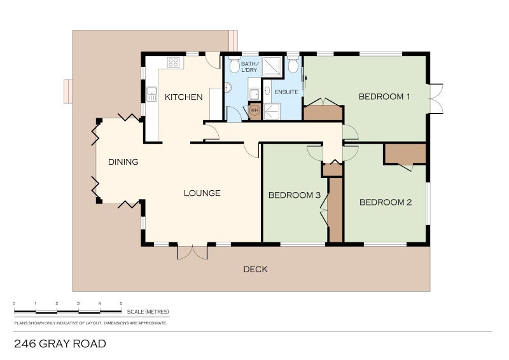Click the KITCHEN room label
183,97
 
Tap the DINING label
123,162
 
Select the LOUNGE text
202,193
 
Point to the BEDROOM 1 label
384,97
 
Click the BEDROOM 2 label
386,203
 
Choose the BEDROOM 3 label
294,195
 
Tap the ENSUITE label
286,92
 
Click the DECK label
255,270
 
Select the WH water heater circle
254,110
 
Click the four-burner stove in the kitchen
173,62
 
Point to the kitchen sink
151,95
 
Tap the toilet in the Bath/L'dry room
234,65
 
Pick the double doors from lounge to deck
192,252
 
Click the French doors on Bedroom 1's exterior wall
436,99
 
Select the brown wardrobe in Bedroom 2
405,154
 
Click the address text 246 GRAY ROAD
60,344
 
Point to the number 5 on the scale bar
121,303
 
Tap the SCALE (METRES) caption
148,312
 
